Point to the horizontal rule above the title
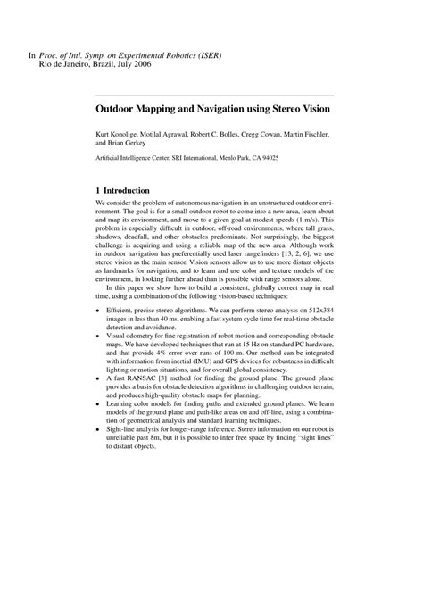pos(214,94)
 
